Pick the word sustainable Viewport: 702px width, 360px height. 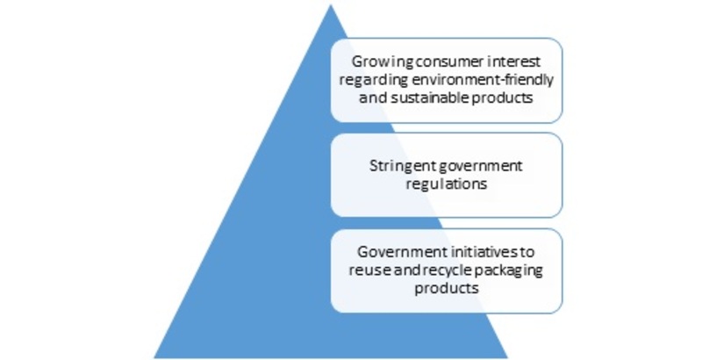click(421, 97)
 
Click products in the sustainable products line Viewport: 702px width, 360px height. click(493, 98)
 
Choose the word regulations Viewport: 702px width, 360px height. click(447, 184)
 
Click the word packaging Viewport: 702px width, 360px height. click(508, 271)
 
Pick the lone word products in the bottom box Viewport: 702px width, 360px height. click(447, 288)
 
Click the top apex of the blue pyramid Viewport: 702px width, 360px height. click(331, 4)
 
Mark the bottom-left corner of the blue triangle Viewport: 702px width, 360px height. click(154, 357)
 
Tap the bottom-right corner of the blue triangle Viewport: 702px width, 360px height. click(508, 357)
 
